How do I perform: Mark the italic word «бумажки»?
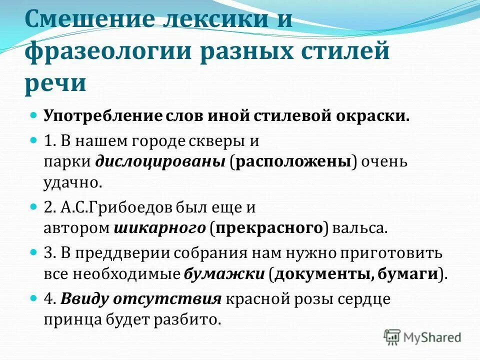click(x=224, y=274)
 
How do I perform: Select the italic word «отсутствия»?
click(x=167, y=299)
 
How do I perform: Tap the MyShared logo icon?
click(x=392, y=336)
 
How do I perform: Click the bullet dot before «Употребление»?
click(x=34, y=115)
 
